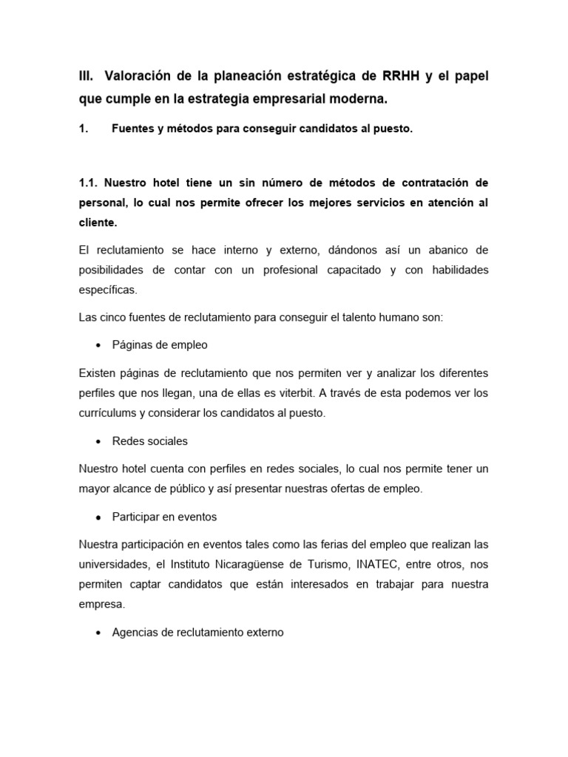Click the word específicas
(x=107, y=290)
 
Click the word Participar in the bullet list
(x=138, y=517)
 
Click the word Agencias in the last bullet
(x=135, y=633)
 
